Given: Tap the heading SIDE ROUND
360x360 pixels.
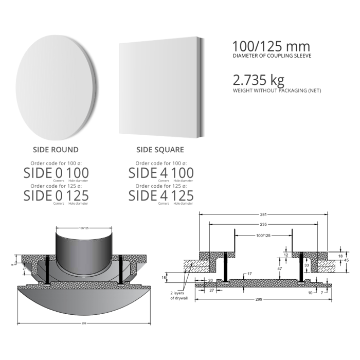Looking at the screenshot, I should click(56, 150).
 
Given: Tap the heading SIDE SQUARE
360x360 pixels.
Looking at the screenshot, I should click(160, 150).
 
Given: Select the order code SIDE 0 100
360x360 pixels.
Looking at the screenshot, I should click(56, 173).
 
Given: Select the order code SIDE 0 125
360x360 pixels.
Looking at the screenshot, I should click(56, 195).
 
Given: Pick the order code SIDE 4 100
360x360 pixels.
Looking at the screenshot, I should click(160, 173).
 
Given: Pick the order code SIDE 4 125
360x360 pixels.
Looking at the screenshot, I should click(160, 195).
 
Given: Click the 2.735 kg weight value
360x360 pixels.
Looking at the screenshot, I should click(258, 80).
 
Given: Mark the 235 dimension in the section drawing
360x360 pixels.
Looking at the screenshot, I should click(263, 224).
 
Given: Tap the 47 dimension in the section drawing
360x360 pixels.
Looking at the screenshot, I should click(279, 268).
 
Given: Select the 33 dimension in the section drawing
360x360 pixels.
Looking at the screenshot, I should click(306, 266).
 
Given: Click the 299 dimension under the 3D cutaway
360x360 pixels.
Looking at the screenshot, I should click(83, 323).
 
